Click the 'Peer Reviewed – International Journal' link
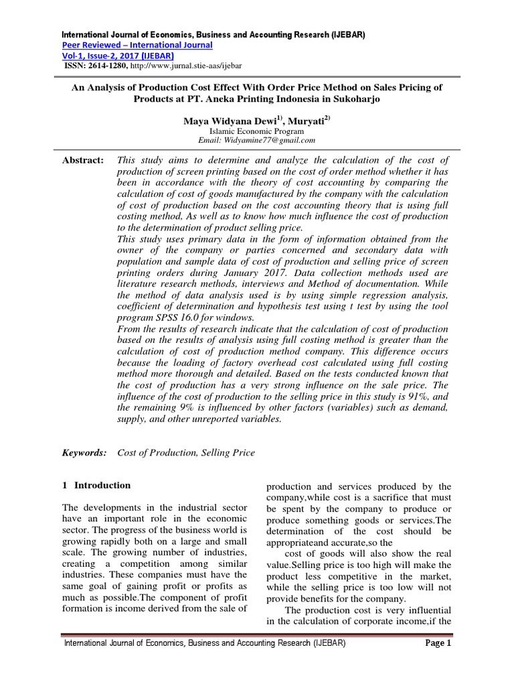click(137, 45)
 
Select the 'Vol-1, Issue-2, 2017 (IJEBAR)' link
click(118, 56)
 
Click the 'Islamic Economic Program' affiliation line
click(257, 131)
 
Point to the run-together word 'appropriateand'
click(299, 541)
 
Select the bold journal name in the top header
click(213, 34)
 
